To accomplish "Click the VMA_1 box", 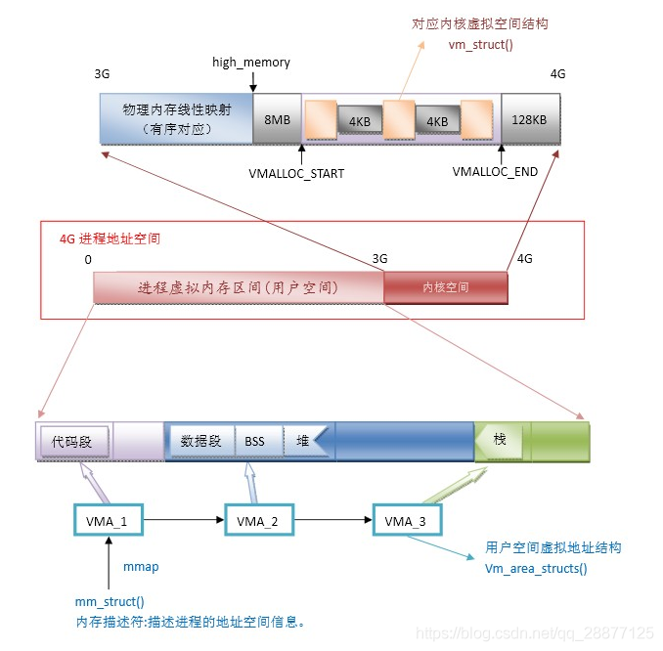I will click(108, 521).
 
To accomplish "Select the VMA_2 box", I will click(258, 521).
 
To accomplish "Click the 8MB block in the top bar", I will click(277, 119).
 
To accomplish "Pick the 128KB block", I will click(530, 119).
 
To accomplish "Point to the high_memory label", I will click(251, 63).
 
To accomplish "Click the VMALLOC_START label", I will click(295, 172).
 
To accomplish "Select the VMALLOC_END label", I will click(496, 172).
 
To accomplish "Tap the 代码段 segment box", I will click(72, 441).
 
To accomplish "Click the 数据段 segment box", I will click(201, 441).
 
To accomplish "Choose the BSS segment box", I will click(255, 441).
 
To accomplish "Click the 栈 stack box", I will click(500, 440).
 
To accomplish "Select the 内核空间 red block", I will click(445, 287).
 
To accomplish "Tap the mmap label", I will click(141, 567).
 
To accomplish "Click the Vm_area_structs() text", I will click(536, 568).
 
